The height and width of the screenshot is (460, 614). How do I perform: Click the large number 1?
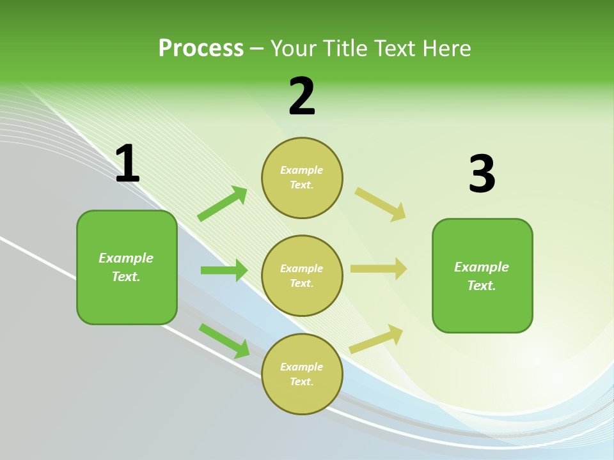(x=127, y=164)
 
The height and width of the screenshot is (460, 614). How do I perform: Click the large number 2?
(x=302, y=96)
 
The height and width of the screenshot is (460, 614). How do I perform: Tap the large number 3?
(x=482, y=174)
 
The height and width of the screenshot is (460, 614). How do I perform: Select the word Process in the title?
(x=201, y=48)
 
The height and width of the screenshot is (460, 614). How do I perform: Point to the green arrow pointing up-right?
(x=223, y=204)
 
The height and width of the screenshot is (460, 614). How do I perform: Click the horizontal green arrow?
(x=224, y=270)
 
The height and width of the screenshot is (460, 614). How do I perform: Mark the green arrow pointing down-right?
(x=224, y=341)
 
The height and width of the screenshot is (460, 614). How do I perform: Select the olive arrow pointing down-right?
(x=381, y=204)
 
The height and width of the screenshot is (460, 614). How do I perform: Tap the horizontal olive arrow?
(x=379, y=268)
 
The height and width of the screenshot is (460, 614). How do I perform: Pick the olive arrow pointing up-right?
(x=377, y=339)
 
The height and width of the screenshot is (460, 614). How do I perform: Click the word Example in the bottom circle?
(x=302, y=367)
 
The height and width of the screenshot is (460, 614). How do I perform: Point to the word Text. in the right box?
(x=482, y=286)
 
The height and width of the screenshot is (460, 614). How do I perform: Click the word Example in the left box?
(x=126, y=258)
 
